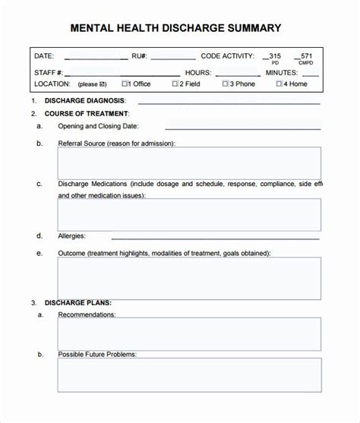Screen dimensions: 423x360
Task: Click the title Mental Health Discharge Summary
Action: (x=175, y=28)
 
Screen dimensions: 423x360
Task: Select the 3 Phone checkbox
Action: (x=226, y=84)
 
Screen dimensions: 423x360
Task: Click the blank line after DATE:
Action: (x=96, y=58)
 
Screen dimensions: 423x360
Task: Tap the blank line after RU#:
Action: (x=172, y=58)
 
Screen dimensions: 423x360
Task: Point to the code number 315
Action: (x=274, y=55)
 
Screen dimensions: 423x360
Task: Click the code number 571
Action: (x=305, y=55)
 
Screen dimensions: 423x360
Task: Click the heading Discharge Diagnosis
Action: (x=85, y=101)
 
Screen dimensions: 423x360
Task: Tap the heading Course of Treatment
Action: (x=87, y=113)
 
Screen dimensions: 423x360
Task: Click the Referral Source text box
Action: (x=189, y=163)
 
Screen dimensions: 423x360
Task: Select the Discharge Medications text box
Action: (x=189, y=215)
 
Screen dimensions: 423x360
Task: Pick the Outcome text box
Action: (x=189, y=279)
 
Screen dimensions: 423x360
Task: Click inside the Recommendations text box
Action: (x=189, y=333)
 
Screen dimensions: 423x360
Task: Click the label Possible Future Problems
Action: (x=96, y=355)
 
